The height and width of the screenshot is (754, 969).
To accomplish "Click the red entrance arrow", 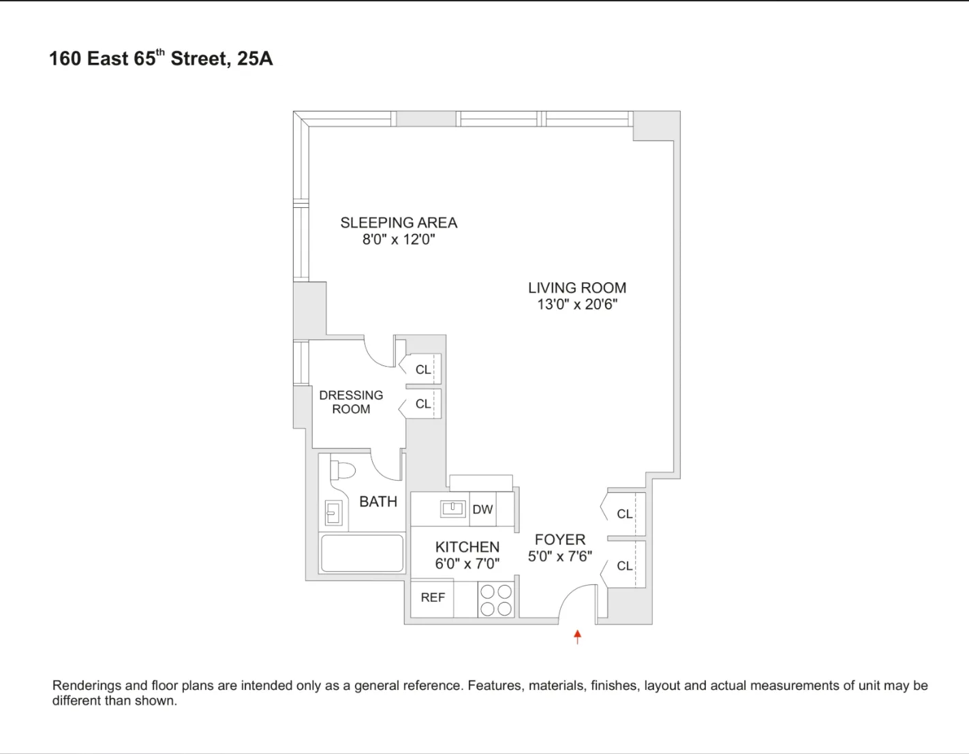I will pyautogui.click(x=577, y=637).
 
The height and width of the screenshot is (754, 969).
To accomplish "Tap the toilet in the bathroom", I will pyautogui.click(x=343, y=470).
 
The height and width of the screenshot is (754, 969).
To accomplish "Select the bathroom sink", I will pyautogui.click(x=333, y=513).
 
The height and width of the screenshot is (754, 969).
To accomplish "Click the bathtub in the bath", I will pyautogui.click(x=362, y=553).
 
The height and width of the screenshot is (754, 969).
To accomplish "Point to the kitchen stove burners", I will pyautogui.click(x=496, y=600).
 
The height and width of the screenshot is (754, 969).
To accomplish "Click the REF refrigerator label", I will pyautogui.click(x=433, y=598).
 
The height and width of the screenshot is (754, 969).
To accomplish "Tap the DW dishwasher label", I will pyautogui.click(x=482, y=509).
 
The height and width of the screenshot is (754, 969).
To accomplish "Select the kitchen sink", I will pyautogui.click(x=452, y=508).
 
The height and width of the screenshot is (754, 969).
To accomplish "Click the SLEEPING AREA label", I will pyautogui.click(x=399, y=222).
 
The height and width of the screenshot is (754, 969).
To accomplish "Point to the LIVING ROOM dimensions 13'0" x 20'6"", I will pyautogui.click(x=577, y=305).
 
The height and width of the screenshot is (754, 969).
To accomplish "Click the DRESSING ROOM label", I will pyautogui.click(x=351, y=402).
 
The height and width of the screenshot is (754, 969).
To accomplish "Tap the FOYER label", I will pyautogui.click(x=559, y=540).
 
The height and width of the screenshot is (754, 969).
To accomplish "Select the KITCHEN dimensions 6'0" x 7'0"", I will pyautogui.click(x=467, y=564).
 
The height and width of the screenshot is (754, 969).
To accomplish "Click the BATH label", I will pyautogui.click(x=378, y=502).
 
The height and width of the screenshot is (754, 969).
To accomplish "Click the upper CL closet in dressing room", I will pyautogui.click(x=423, y=370).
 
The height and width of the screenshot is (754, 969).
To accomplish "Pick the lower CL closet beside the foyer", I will pyautogui.click(x=624, y=566).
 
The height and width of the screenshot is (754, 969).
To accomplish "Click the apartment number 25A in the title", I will pyautogui.click(x=255, y=59).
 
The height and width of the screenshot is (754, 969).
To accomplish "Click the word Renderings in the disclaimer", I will pyautogui.click(x=87, y=686).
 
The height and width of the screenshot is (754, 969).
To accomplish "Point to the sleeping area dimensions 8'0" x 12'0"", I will pyautogui.click(x=399, y=239).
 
